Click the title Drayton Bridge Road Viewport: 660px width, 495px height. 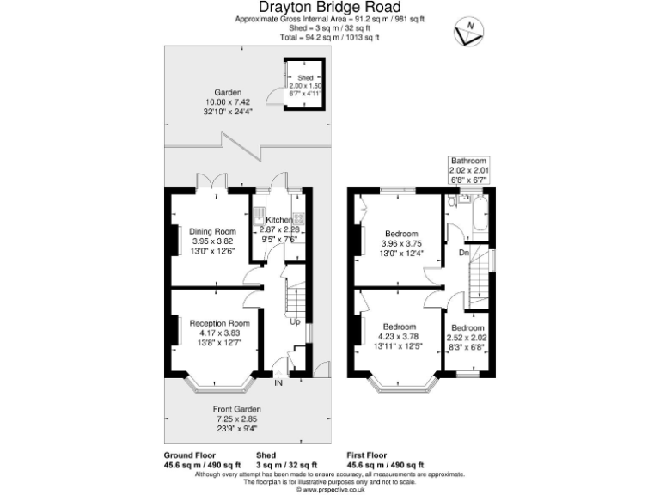pos(329,8)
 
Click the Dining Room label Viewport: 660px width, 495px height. pos(212,231)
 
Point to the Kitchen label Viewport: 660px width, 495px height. pos(279,221)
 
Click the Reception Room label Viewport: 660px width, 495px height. pos(213,322)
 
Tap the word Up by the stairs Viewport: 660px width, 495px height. pos(294,322)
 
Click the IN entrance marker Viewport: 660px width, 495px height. pos(278,382)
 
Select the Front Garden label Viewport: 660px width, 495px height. pos(236,408)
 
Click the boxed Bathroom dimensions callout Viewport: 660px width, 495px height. pos(468,170)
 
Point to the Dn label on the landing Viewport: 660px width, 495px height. pos(463,253)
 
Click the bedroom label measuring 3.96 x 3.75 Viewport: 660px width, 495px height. pos(401,234)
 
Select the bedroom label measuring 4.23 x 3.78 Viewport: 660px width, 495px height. pos(400,327)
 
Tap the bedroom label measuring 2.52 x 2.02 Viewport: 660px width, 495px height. pos(468,328)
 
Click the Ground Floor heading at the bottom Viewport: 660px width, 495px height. pos(191,455)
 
